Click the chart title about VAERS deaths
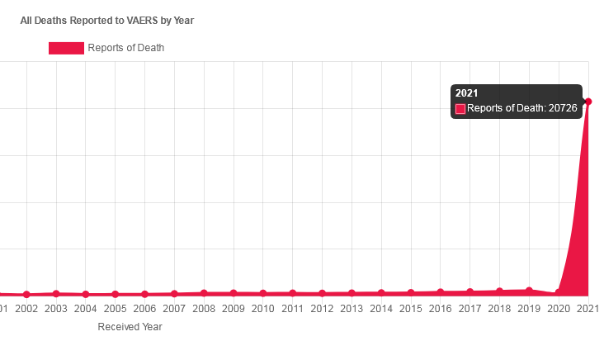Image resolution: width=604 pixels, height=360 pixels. point(107,20)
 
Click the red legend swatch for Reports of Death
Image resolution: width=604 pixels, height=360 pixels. point(66,48)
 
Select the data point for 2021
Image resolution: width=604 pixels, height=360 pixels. point(588,102)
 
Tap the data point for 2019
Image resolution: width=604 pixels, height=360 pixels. point(529,291)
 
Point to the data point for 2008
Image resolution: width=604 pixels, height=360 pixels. point(204,293)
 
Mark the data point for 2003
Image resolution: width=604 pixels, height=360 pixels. point(56,293)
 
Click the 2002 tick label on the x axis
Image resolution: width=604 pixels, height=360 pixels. point(26,309)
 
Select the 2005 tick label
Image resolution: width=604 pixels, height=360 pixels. point(116,309)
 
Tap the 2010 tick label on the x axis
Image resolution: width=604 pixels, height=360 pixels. point(263,309)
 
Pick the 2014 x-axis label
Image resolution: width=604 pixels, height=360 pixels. point(381,309)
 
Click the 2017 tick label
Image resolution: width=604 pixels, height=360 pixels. point(470,309)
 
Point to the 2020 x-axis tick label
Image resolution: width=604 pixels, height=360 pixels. point(559,309)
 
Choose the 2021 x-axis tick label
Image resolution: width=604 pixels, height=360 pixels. point(587,309)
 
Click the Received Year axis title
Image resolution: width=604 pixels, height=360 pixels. point(130,327)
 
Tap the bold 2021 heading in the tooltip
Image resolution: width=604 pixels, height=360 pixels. point(467,93)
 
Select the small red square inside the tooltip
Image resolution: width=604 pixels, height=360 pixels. point(460,108)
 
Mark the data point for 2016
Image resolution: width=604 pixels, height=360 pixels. point(441,292)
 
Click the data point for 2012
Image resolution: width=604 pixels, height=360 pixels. point(322,293)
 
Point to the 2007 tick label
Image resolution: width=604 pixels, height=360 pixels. point(174,309)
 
